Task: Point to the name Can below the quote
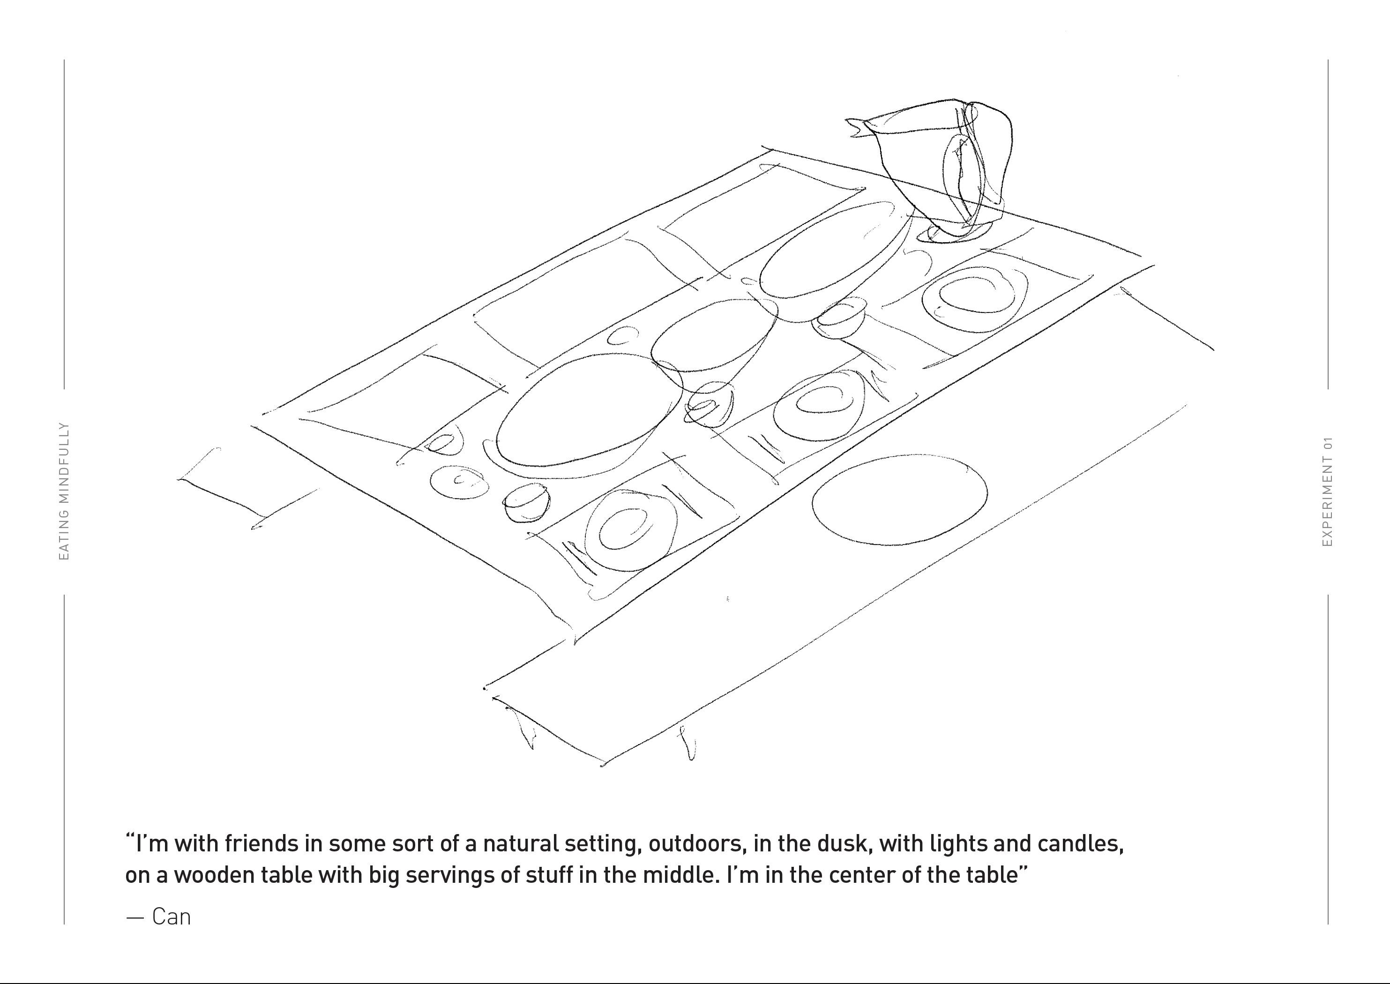pyautogui.click(x=171, y=917)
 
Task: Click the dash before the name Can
pyautogui.click(x=135, y=918)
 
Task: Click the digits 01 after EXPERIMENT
pyautogui.click(x=1328, y=443)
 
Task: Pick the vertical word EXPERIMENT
pyautogui.click(x=1328, y=501)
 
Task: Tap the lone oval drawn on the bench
pyautogui.click(x=900, y=499)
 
